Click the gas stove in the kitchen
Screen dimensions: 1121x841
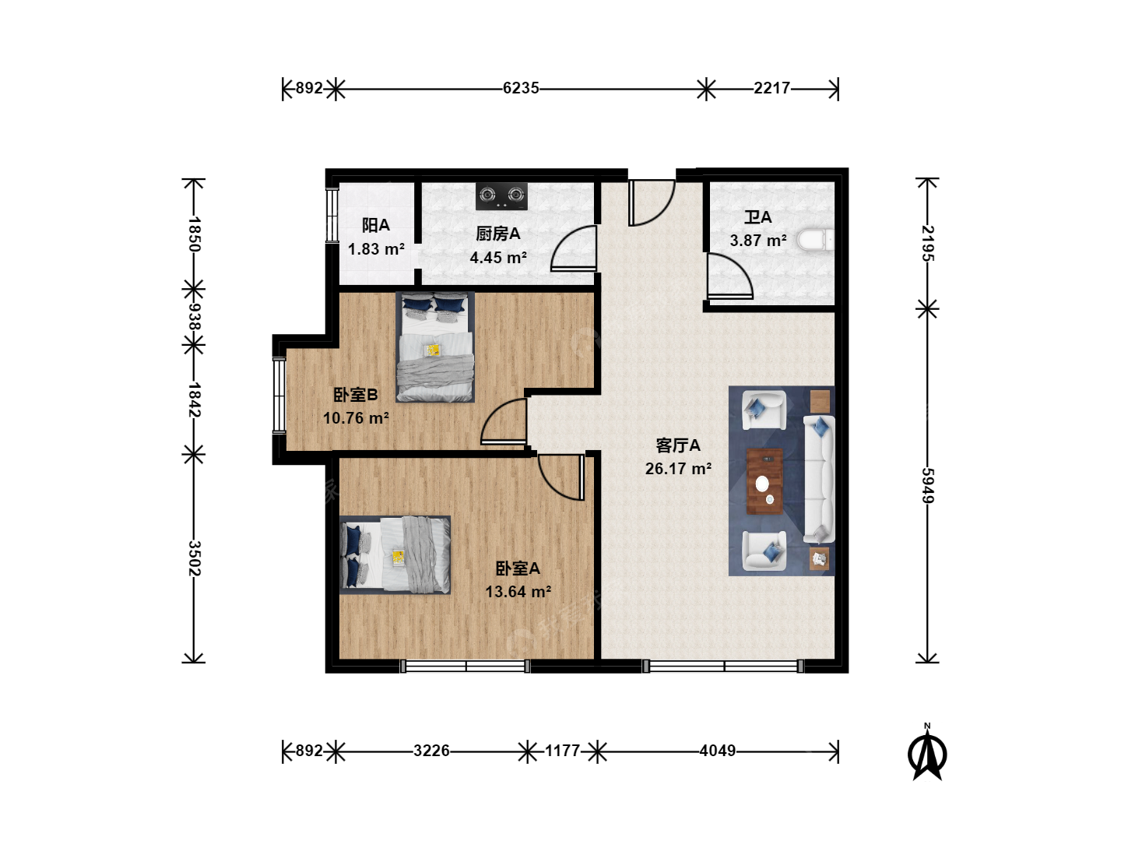tap(501, 196)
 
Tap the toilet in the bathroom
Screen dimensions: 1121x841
tap(816, 240)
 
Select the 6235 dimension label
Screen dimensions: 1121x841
tap(521, 88)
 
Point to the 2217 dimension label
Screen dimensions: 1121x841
tap(771, 88)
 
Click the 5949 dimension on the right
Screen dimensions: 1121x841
tap(928, 485)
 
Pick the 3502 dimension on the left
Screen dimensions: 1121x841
tap(194, 558)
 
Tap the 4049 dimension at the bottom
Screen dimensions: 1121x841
tap(718, 751)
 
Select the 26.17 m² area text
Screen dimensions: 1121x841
tap(678, 468)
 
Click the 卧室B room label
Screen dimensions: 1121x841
tap(356, 395)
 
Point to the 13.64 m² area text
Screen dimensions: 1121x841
tap(518, 591)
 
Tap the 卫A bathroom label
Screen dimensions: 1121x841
tap(757, 217)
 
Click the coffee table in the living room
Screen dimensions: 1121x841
tap(764, 481)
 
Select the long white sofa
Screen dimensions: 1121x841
tap(819, 479)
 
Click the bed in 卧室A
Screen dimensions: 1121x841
tap(395, 555)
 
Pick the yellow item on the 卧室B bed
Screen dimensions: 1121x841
tap(433, 350)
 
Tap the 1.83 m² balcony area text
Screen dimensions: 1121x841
tap(376, 249)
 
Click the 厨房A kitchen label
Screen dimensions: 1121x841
tap(498, 234)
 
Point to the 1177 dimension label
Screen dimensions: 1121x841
tap(562, 751)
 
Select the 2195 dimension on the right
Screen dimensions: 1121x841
tap(928, 243)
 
